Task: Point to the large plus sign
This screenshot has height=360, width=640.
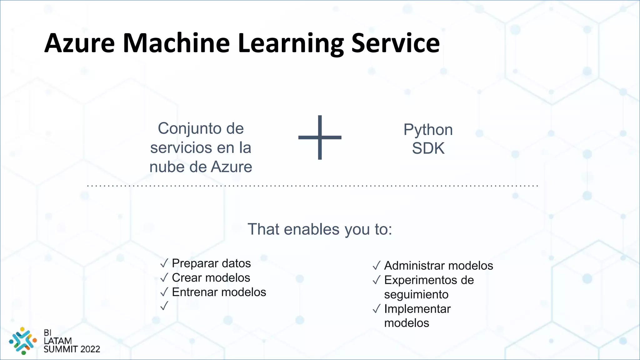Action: click(320, 137)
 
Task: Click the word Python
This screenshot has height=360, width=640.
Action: click(428, 129)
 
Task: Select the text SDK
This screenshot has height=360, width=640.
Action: click(428, 148)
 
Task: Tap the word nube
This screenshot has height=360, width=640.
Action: click(167, 167)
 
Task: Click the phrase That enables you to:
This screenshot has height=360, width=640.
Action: click(319, 229)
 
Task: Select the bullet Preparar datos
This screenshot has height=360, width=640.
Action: click(211, 263)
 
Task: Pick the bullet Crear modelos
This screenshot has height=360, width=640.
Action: click(211, 278)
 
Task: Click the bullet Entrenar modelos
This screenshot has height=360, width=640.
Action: click(219, 292)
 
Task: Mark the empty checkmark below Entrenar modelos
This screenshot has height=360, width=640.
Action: click(164, 306)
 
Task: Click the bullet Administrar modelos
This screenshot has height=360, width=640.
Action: click(438, 266)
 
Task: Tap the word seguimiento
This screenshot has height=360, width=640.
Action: click(416, 294)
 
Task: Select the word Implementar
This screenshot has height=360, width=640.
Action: click(417, 309)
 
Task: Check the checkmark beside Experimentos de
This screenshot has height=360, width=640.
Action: click(376, 280)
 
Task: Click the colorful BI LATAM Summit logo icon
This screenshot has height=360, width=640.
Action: click(23, 341)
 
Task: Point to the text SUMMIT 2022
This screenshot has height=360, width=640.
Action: click(72, 349)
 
